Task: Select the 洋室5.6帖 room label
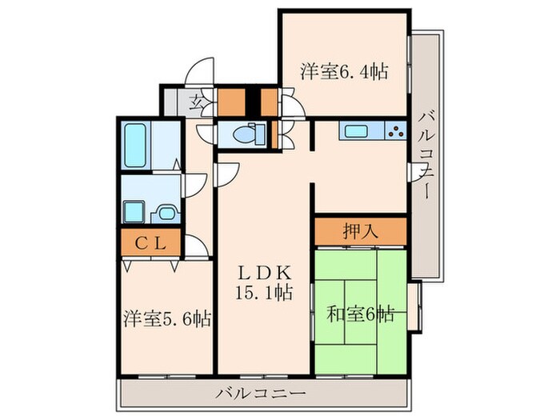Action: click(x=167, y=319)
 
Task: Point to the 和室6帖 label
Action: click(x=360, y=313)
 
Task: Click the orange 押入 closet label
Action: click(x=360, y=232)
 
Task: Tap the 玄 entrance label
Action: click(x=195, y=102)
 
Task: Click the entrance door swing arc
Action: click(x=202, y=70)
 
